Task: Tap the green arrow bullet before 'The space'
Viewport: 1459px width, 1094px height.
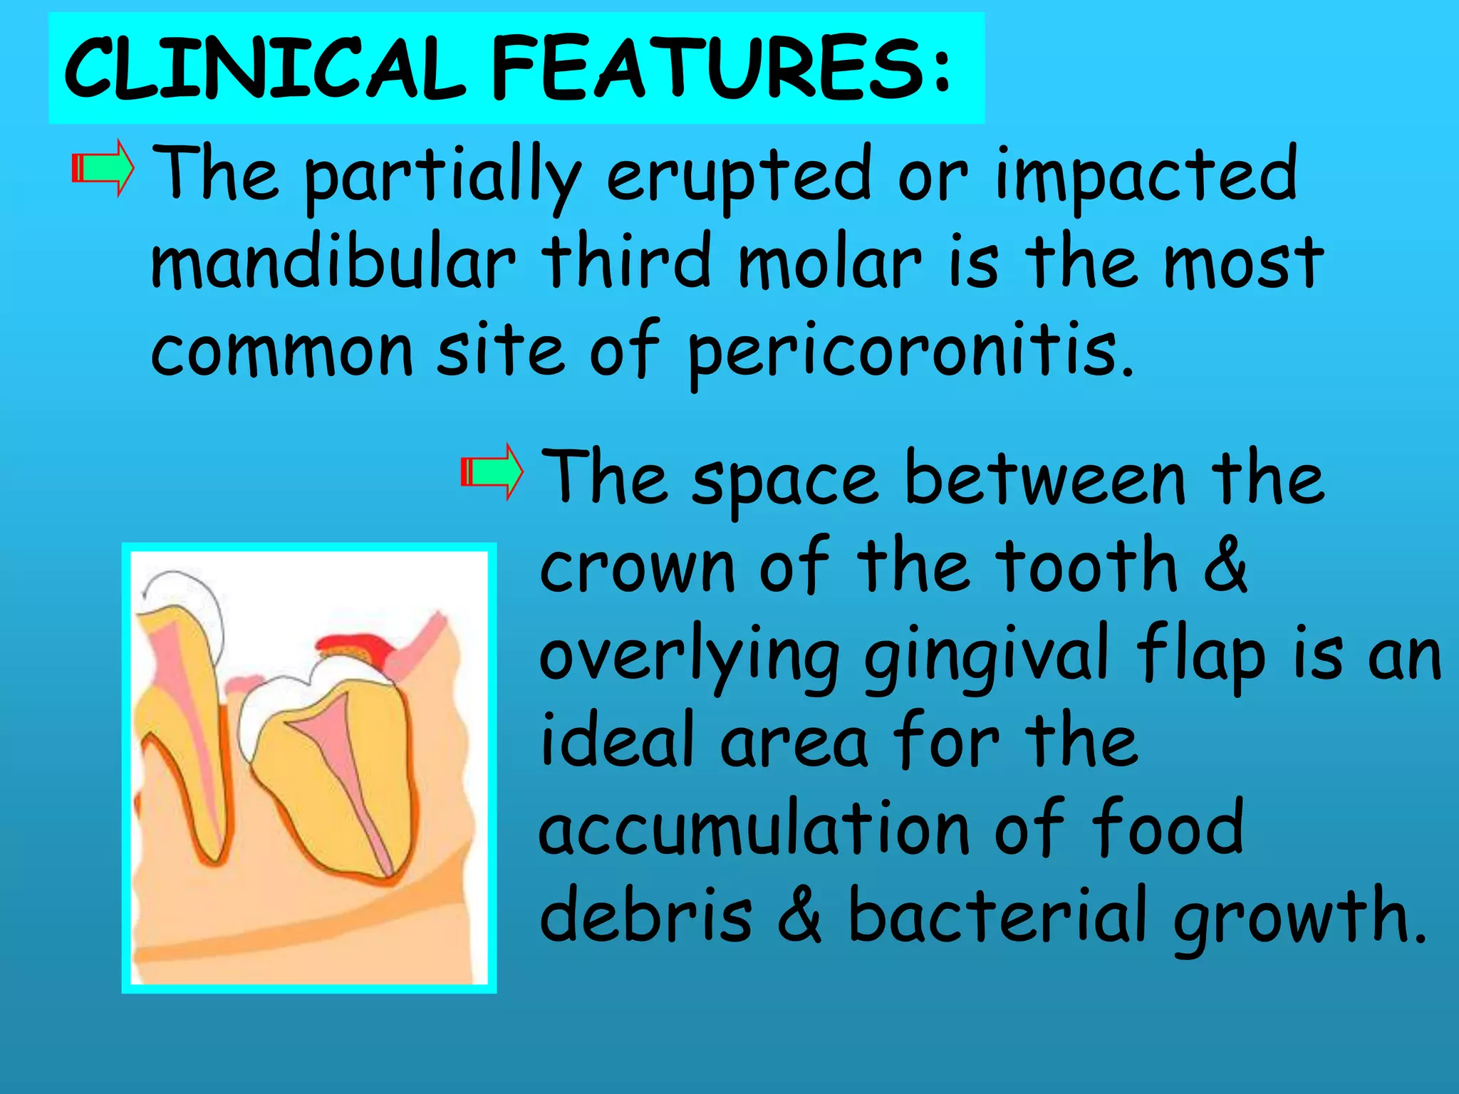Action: [x=492, y=472]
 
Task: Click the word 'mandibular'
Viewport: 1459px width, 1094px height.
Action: [x=333, y=262]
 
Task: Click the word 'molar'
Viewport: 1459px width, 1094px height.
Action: [x=830, y=262]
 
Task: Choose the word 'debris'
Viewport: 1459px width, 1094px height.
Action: [x=645, y=915]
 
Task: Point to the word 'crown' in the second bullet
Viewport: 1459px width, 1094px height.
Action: [x=637, y=568]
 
